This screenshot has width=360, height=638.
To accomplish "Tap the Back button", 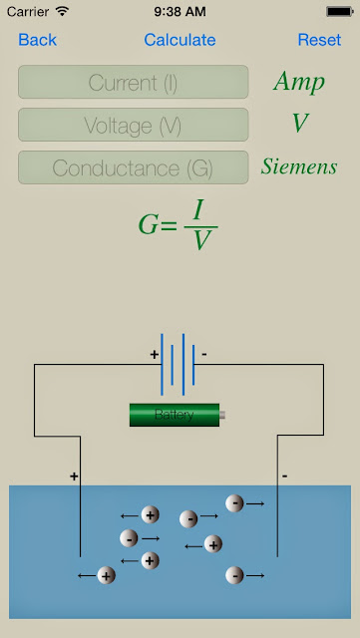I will point(37,40).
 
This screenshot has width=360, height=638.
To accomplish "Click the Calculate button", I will point(180,40).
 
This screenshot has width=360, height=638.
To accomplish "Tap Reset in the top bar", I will point(319,40).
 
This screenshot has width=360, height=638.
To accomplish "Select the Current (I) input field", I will point(133,83).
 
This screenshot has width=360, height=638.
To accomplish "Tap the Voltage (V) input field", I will point(133,126).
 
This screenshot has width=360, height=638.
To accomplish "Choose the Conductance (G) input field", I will point(133,168).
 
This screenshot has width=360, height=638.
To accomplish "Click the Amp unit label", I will point(299,82).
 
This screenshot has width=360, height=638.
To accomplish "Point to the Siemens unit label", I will point(299,166).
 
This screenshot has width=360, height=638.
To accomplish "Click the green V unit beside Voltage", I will point(299,124).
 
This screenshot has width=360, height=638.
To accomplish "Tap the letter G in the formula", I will point(150,223).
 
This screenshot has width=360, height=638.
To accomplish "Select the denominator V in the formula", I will point(200,239).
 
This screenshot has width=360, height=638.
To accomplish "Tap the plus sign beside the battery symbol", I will point(154,354).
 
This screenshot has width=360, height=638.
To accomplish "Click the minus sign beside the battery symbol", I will point(204,354).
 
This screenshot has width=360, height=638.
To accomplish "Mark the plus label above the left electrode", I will point(74,477).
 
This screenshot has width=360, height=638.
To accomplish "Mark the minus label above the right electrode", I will point(284,477).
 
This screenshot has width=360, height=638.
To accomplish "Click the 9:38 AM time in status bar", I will point(180,11).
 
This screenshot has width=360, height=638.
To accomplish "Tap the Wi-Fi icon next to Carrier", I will point(62,11).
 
